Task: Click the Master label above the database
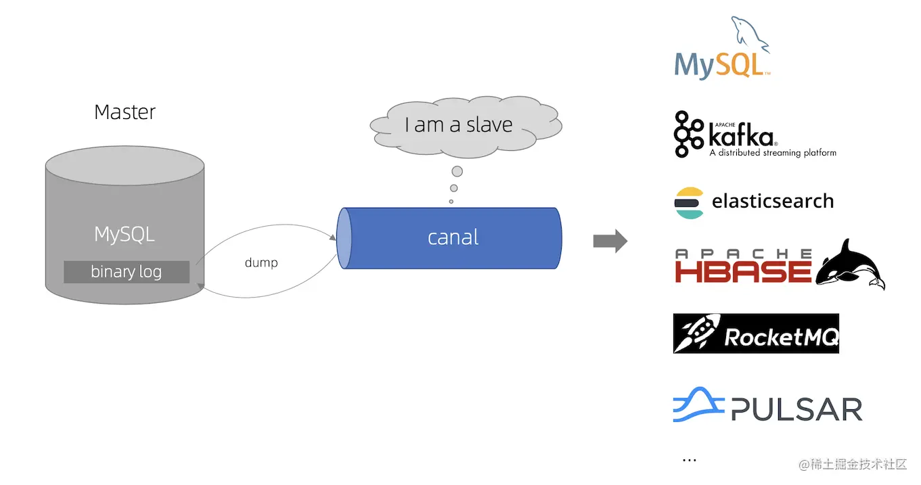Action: point(125,112)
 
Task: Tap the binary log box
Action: point(127,272)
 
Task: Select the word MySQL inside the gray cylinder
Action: point(125,234)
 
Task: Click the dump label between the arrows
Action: point(261,262)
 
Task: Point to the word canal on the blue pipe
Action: point(453,237)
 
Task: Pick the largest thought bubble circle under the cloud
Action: point(457,171)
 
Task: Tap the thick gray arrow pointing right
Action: point(610,241)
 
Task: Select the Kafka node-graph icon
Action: point(689,134)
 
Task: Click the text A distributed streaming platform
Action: point(772,153)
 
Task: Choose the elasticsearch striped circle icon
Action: point(689,202)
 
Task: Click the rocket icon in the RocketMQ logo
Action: point(696,333)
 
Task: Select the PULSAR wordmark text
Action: point(797,409)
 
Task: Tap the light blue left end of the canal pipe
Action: point(344,238)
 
